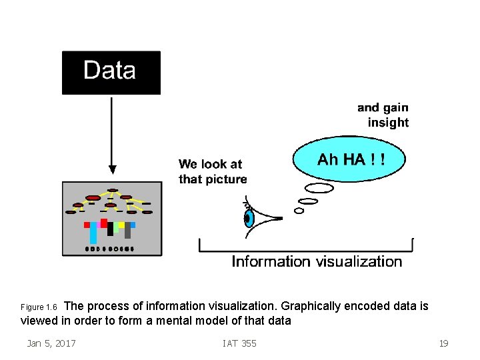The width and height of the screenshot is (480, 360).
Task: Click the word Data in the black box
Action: click(x=109, y=71)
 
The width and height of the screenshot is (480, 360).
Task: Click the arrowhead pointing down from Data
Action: click(x=112, y=169)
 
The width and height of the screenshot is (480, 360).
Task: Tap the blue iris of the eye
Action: click(x=248, y=218)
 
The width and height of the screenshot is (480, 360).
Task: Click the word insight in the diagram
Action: click(x=388, y=123)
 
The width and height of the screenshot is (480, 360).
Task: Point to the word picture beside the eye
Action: click(x=226, y=179)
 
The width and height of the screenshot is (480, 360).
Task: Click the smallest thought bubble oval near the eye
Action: click(x=299, y=211)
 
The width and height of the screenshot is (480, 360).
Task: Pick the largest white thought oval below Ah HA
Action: click(x=319, y=188)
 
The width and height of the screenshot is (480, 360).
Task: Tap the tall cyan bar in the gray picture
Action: click(x=93, y=233)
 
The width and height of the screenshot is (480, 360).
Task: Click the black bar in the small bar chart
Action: click(x=110, y=229)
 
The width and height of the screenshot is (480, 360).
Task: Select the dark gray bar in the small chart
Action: click(x=127, y=230)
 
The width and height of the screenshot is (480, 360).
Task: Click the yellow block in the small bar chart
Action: click(x=121, y=225)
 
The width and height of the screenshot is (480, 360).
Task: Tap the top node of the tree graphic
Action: click(x=113, y=190)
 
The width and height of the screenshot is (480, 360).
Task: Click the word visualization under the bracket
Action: click(x=360, y=261)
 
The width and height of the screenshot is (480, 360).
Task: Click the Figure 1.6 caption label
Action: click(x=39, y=307)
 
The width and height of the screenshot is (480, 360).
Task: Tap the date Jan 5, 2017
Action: click(x=51, y=343)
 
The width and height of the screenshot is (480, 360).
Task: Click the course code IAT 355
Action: click(x=239, y=343)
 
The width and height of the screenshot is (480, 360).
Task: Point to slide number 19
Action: click(x=443, y=343)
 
